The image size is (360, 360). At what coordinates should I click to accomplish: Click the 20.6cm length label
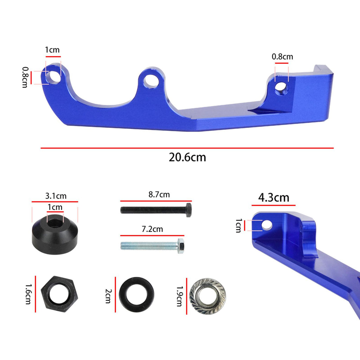[187, 157]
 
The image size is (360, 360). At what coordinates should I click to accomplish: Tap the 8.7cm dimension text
[159, 195]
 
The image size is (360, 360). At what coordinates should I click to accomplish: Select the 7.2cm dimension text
[152, 229]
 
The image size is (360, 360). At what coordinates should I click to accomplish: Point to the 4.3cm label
[274, 198]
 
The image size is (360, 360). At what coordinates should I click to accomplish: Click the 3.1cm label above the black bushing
[56, 196]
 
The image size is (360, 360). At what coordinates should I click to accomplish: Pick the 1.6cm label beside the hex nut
[28, 294]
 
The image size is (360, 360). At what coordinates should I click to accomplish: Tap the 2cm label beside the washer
[108, 296]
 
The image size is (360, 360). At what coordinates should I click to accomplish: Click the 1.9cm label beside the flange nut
[180, 296]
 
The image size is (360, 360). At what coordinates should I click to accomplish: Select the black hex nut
[59, 294]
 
